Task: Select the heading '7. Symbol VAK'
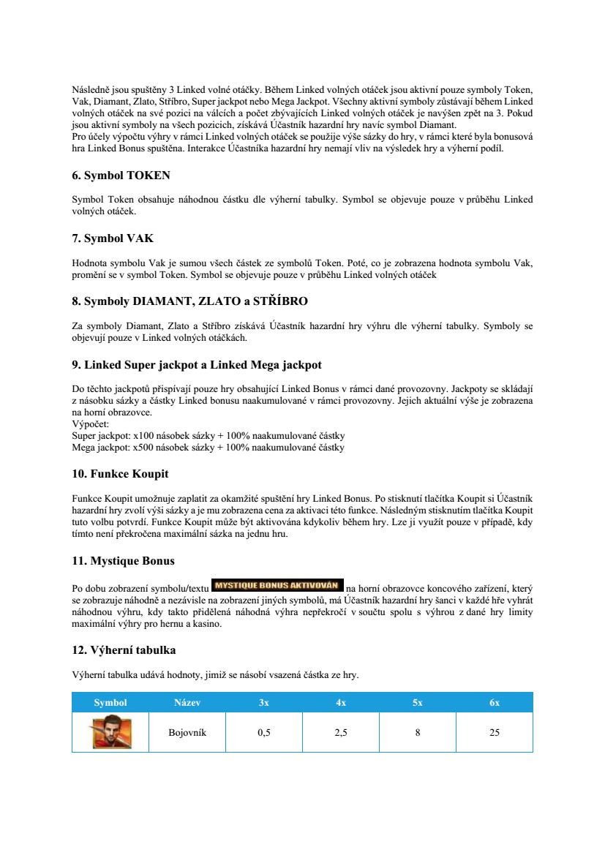coord(113,238)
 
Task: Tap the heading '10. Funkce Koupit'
coord(120,474)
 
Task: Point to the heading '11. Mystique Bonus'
coord(123,561)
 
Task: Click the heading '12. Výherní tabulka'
coord(124,649)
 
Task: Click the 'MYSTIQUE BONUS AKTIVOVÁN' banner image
coord(277,585)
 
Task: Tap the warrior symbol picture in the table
coord(110,732)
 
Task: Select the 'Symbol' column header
coord(110,702)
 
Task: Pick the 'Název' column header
coord(187,702)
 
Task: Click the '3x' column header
coord(264,702)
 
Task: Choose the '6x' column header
coord(495,702)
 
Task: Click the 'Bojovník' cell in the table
coord(187,732)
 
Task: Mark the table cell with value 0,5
coord(264,732)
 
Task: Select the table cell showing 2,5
coord(341,732)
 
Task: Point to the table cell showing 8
coord(418,732)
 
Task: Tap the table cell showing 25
coord(495,732)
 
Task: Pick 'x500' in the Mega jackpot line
coord(136,447)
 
